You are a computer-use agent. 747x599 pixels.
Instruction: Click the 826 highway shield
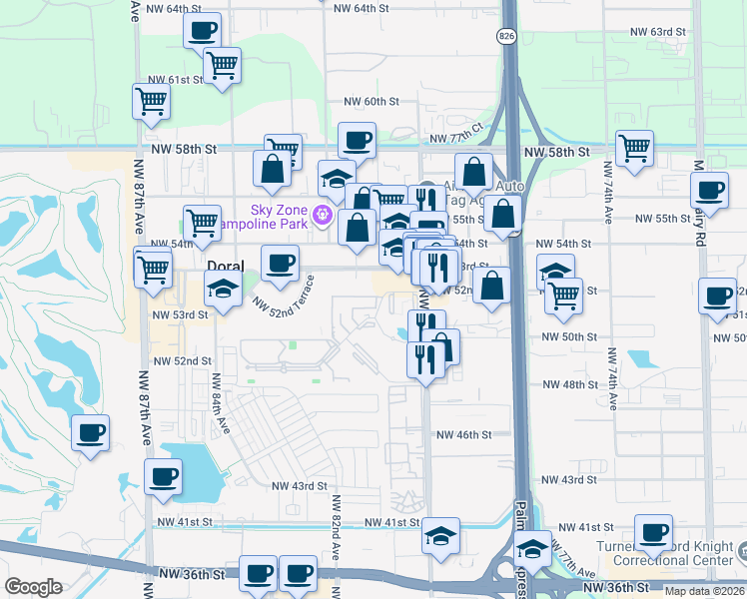coord(507,35)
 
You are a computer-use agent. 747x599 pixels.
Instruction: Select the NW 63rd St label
coord(669,32)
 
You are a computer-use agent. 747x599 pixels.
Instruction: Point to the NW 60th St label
coord(372,102)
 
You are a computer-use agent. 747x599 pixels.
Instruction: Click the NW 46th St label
coord(464,434)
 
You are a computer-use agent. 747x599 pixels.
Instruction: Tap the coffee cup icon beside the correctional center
coord(653,532)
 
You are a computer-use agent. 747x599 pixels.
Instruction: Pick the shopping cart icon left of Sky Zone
coord(202,223)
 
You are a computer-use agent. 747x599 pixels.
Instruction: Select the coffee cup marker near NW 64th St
coord(203,29)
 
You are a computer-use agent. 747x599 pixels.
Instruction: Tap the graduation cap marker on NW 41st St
coord(440,535)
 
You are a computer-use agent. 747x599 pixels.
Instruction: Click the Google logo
coord(34,587)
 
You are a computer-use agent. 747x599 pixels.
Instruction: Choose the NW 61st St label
coord(168,80)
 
